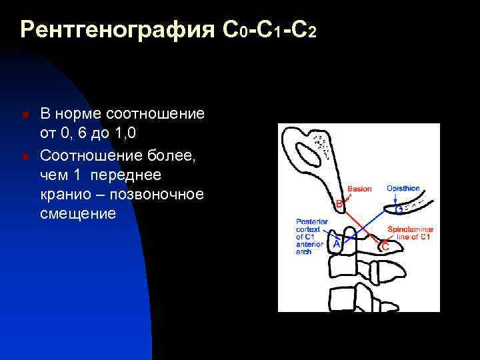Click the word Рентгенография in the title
pyautogui.click(x=117, y=30)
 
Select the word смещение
pyautogui.click(x=78, y=214)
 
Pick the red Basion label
pyautogui.click(x=359, y=189)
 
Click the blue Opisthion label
pyautogui.click(x=403, y=189)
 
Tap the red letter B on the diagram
pyautogui.click(x=338, y=203)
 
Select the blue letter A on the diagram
pyautogui.click(x=336, y=245)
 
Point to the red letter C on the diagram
pyautogui.click(x=385, y=247)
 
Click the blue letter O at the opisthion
pyautogui.click(x=399, y=209)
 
